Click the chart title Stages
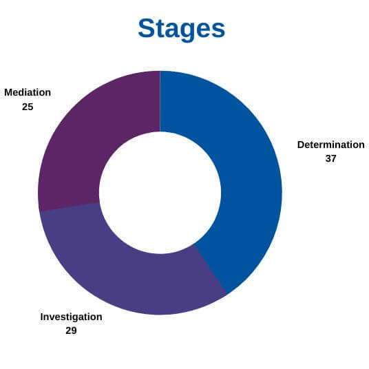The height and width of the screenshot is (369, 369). point(182,29)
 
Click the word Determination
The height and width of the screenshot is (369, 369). point(331,145)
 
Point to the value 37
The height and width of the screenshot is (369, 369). point(330,158)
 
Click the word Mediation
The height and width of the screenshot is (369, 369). point(28,92)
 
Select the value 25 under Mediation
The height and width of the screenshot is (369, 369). point(28,107)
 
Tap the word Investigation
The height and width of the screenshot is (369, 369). point(71,317)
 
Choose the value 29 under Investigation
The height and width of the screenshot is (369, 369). point(71,330)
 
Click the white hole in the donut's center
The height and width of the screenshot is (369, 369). point(160,193)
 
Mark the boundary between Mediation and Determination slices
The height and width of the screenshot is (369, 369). point(160,101)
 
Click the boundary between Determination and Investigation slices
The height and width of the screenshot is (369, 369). point(210,269)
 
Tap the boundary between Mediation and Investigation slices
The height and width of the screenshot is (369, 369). point(70,207)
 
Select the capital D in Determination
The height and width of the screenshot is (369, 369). point(301,145)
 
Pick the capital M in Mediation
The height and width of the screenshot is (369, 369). point(9,92)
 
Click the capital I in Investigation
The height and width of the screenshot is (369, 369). point(42,317)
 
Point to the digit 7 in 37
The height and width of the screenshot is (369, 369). point(333,158)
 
